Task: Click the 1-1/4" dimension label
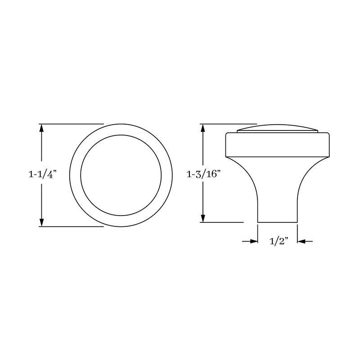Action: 41,175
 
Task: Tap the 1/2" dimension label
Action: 278,242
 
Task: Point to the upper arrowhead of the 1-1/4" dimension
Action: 42,127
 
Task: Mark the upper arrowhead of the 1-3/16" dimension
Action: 204,127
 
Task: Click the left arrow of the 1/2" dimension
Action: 253,242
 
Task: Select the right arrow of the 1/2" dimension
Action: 301,242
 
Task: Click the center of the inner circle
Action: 121,175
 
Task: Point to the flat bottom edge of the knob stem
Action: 277,222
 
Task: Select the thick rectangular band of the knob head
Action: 278,144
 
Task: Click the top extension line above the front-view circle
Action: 72,124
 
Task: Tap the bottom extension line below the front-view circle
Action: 72,226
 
